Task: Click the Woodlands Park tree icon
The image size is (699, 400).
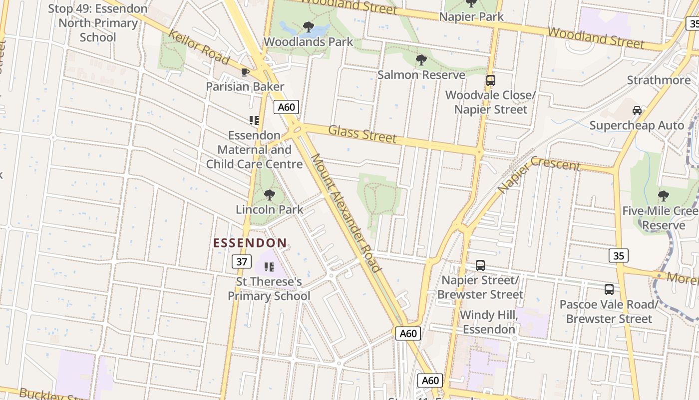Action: point(309,26)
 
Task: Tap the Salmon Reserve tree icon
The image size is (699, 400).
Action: point(421,60)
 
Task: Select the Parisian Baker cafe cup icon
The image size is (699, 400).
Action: point(245,72)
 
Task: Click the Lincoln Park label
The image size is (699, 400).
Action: point(270,209)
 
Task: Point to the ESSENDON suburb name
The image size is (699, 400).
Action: point(250,243)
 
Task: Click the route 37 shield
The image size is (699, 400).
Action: point(242,261)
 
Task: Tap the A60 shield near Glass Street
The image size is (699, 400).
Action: point(286,107)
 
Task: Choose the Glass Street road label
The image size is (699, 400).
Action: point(362,134)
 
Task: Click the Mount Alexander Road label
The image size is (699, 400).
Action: point(346,212)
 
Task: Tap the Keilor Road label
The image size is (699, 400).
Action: point(199,47)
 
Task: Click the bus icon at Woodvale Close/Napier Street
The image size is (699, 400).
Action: point(490,80)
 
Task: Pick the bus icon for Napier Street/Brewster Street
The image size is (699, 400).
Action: point(480,265)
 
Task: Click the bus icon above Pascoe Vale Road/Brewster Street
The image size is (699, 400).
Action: point(609,289)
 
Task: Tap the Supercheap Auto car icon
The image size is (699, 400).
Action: point(637,110)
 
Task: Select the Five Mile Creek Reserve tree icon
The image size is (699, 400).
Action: point(663,195)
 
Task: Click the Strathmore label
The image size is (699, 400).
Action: point(659,80)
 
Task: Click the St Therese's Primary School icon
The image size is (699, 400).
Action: point(269,267)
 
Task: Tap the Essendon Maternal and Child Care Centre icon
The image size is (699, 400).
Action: point(254,120)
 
